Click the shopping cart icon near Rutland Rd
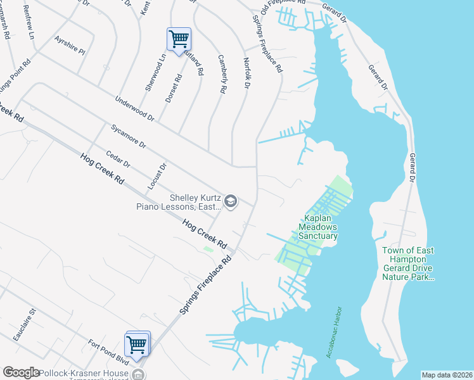(x=179, y=39)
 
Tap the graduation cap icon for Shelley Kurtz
(x=231, y=201)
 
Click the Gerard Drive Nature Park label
(x=408, y=263)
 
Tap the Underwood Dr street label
(x=134, y=108)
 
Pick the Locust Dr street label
(x=156, y=177)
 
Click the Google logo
(x=22, y=373)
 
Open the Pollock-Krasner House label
(x=82, y=373)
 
